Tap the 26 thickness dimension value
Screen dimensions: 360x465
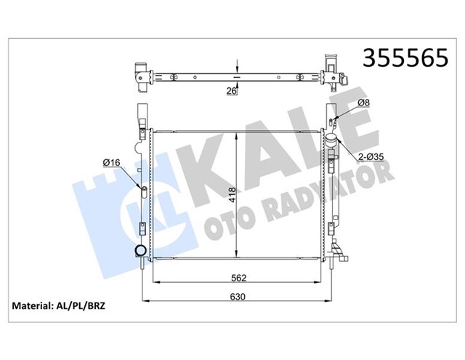pos(231,92)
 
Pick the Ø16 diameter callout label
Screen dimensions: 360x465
pos(111,161)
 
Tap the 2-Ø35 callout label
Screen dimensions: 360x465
pos(372,156)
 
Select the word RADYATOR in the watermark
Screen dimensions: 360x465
pos(341,182)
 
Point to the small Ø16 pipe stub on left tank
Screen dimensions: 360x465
pos(144,191)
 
